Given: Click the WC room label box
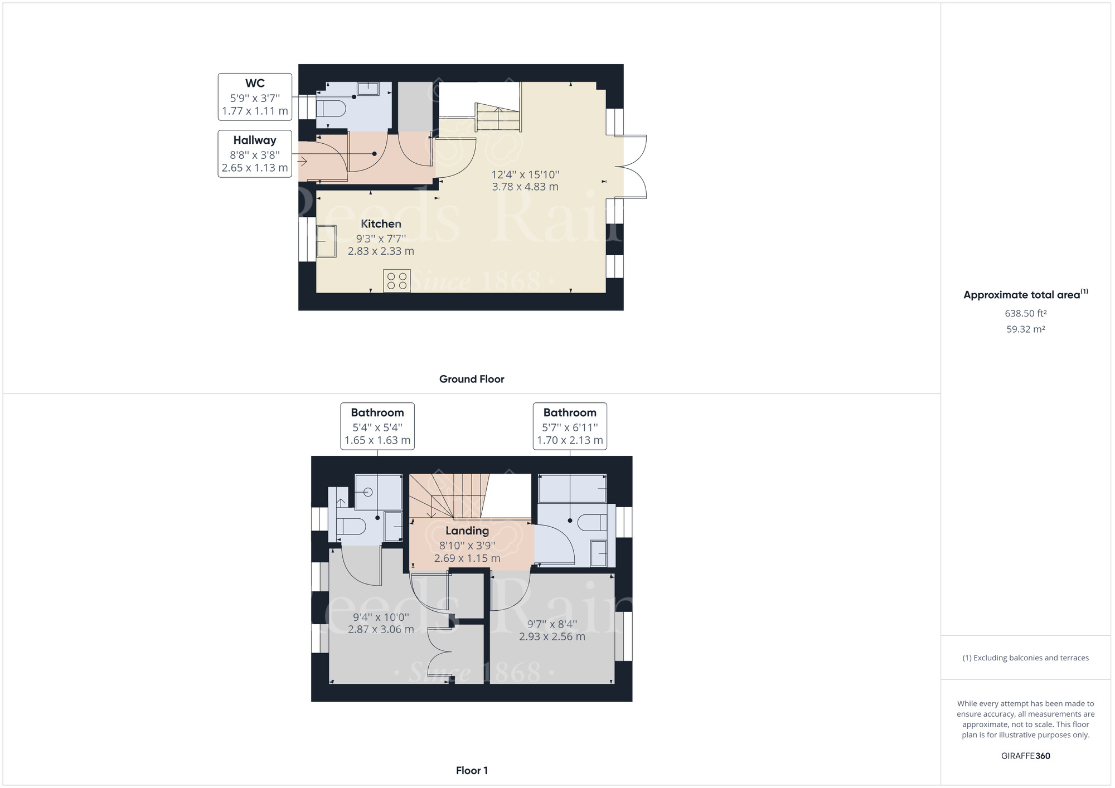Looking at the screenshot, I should (255, 96).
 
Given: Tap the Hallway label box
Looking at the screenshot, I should (255, 154).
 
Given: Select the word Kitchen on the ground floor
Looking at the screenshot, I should (381, 223).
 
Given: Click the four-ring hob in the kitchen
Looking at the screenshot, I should (397, 280).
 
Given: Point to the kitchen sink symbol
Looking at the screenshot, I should (326, 241).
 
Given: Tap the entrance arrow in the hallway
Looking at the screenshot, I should (302, 162).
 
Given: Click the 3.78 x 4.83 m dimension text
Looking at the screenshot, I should (525, 187).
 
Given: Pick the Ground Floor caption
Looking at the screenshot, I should (472, 379).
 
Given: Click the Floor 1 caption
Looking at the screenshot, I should (472, 771).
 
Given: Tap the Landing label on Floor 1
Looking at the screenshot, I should (467, 531).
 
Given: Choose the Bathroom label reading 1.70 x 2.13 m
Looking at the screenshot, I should (570, 440).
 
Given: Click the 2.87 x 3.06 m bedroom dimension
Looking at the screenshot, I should (381, 629).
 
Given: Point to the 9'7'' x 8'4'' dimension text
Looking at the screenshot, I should (552, 624).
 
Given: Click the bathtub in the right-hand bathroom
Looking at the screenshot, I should (572, 489).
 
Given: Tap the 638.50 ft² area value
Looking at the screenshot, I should (1026, 313).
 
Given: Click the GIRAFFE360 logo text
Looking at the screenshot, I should (1026, 756).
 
